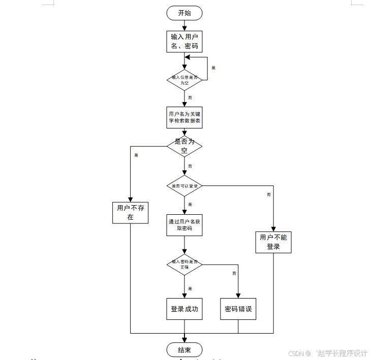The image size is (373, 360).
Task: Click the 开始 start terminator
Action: [x=184, y=13]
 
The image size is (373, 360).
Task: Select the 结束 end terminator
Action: [x=184, y=350]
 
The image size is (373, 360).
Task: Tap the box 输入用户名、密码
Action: [x=184, y=41]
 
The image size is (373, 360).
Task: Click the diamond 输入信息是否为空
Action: [x=184, y=80]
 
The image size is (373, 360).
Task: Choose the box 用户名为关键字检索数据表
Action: [x=184, y=118]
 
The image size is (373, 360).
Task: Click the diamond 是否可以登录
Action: [x=184, y=186]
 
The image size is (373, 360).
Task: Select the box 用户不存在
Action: [x=131, y=212]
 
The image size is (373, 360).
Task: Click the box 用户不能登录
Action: [x=273, y=242]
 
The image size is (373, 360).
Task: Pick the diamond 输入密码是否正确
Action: [x=184, y=264]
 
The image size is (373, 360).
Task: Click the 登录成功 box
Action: [x=184, y=309]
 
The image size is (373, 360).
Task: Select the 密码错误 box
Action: [x=238, y=309]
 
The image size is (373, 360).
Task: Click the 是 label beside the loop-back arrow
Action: [x=213, y=68]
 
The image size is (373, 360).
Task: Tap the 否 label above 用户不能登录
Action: [x=269, y=194]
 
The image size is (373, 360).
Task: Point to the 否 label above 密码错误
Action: [x=234, y=273]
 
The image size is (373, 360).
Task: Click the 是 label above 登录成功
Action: [x=190, y=288]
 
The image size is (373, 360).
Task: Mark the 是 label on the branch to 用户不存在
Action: [x=136, y=155]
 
